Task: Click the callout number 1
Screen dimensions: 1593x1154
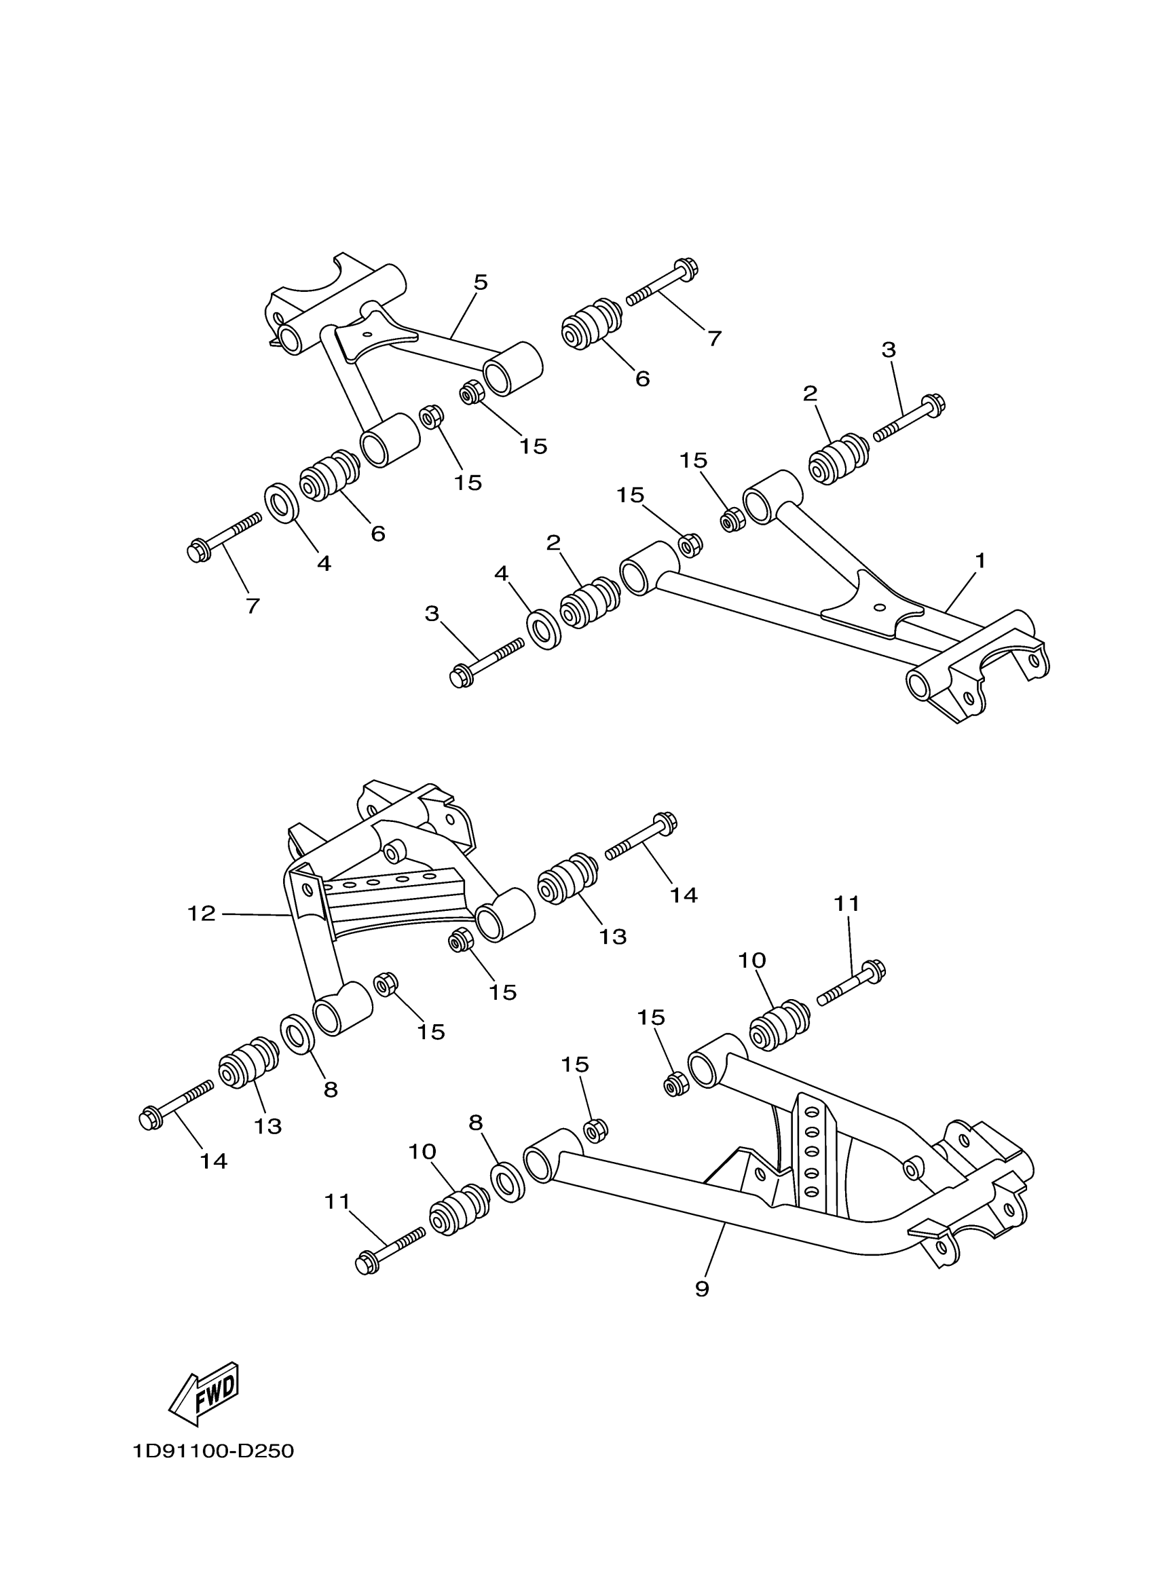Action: (x=980, y=561)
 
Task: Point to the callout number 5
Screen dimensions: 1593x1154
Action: (x=481, y=283)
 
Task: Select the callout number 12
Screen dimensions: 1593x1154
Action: (x=201, y=914)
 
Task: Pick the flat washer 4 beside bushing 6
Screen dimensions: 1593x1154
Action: (x=281, y=503)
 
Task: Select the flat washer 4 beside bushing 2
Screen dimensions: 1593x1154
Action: (x=544, y=630)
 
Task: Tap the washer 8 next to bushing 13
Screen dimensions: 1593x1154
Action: (x=298, y=1034)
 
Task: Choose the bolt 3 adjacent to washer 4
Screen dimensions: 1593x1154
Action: (x=485, y=661)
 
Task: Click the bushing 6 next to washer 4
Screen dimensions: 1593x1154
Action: (x=327, y=476)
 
